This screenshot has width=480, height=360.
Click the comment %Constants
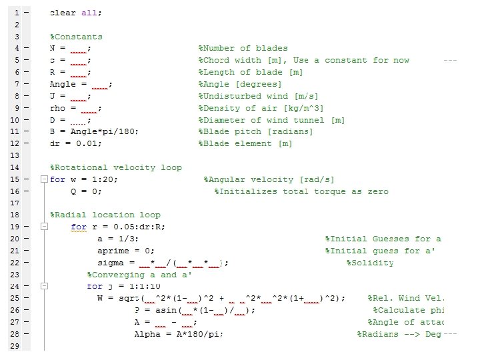pos(76,37)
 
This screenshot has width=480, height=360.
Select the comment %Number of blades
pos(243,48)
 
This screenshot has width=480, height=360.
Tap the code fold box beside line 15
pos(44,180)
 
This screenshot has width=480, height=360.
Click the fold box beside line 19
pos(44,227)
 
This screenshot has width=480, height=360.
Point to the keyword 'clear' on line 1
pos(62,13)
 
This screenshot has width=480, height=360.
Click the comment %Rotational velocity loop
pos(115,167)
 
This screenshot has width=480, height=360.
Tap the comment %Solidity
pos(369,263)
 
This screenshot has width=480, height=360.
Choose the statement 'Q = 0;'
pos(86,191)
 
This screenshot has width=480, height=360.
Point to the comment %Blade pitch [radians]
pos(255,131)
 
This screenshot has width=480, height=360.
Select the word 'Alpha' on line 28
pos(147,334)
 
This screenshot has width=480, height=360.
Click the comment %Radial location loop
pos(105,215)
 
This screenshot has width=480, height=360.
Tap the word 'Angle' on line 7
pos(63,84)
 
